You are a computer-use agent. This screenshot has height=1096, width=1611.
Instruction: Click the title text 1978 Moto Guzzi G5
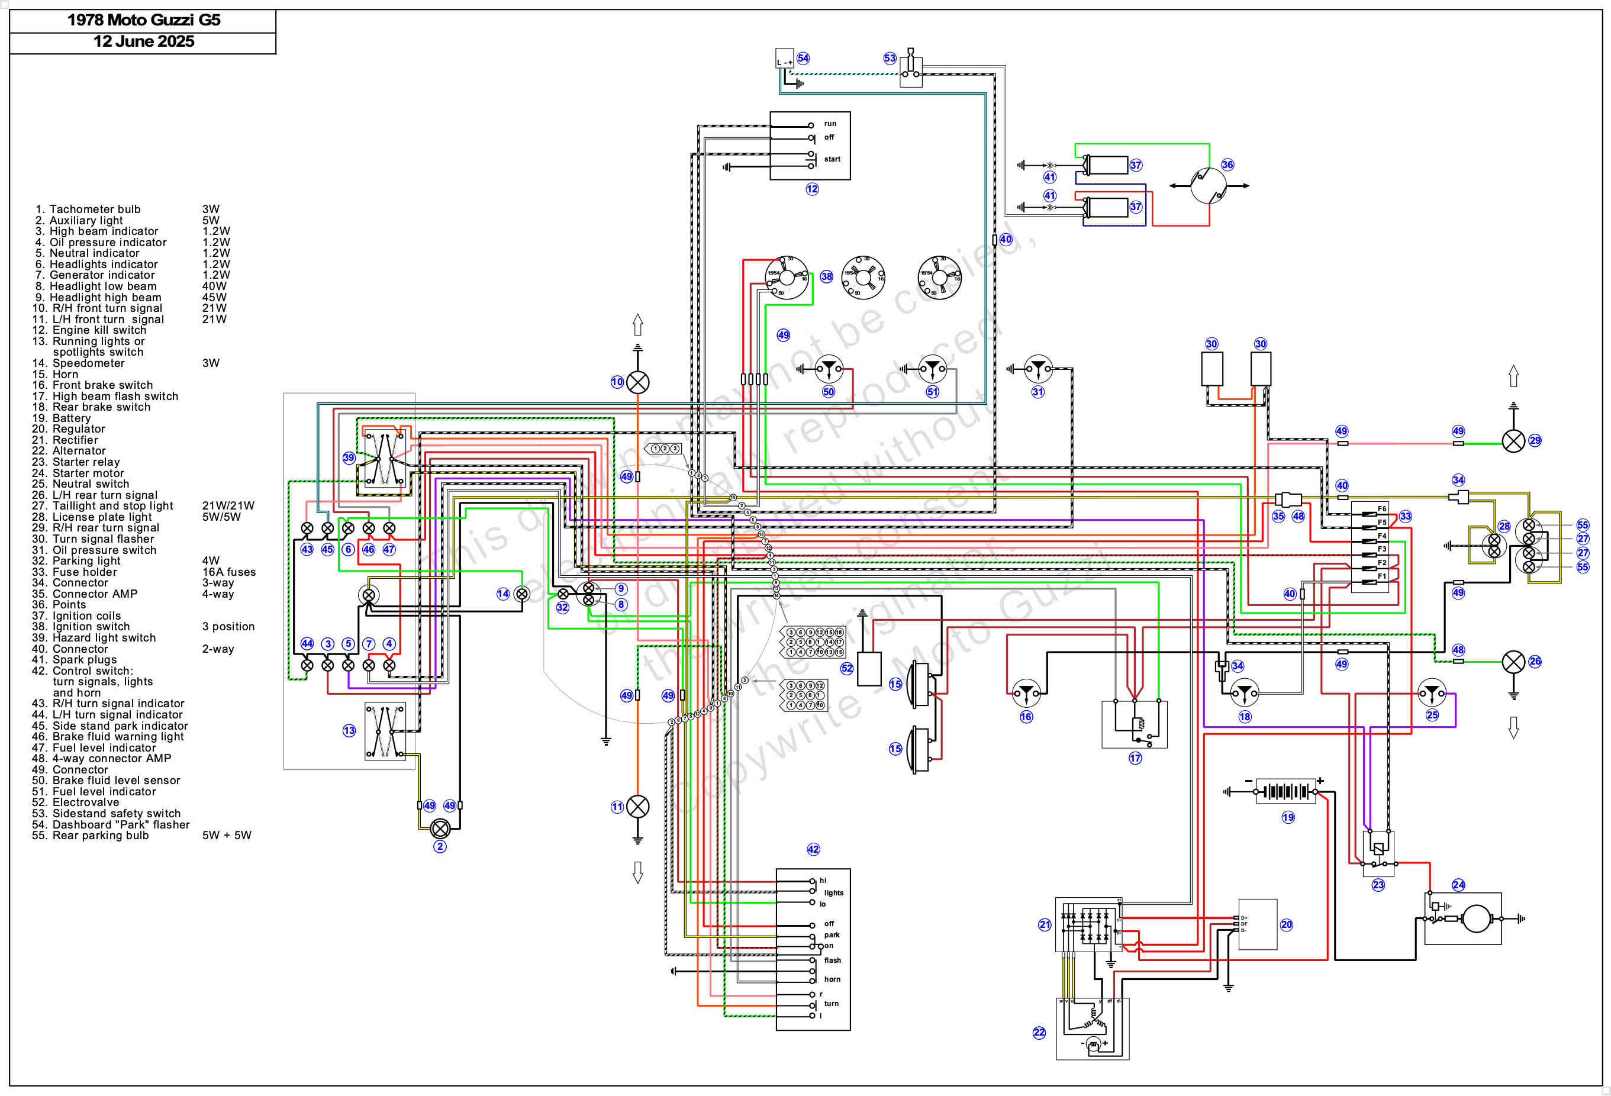143,20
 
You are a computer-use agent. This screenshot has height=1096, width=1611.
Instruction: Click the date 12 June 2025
143,41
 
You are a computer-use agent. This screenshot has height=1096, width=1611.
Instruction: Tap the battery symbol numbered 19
1286,791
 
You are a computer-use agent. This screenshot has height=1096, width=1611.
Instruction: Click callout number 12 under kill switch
812,189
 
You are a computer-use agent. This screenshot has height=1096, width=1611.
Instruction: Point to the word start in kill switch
832,159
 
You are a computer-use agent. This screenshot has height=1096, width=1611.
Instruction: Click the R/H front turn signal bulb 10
638,382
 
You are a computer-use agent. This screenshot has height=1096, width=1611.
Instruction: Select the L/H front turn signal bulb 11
638,806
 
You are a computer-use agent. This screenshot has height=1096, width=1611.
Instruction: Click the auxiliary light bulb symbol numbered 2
440,829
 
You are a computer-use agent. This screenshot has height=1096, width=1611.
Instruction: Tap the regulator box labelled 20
1258,924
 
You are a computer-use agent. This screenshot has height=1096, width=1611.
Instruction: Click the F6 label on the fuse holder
1381,509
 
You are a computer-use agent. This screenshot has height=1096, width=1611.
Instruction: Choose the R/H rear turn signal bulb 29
1513,441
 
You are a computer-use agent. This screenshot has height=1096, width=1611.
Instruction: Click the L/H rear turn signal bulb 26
1513,662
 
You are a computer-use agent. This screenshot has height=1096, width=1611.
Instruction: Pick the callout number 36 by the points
1227,165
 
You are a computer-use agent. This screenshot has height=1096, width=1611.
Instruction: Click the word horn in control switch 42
832,979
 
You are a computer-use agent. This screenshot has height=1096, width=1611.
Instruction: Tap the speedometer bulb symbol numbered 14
522,594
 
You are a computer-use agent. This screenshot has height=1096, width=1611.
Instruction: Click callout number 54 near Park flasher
803,58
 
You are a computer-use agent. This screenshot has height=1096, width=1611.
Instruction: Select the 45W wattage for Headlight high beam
214,298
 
